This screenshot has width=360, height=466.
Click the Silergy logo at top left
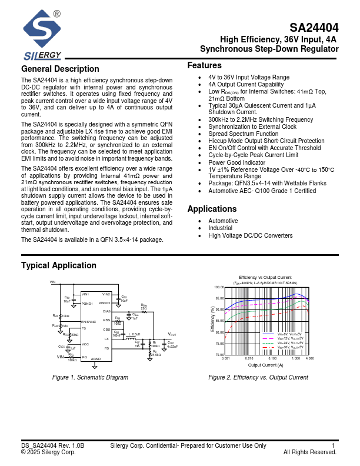click(42, 36)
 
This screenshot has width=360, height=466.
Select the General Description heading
click(60, 69)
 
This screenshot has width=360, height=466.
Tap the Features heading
click(204, 65)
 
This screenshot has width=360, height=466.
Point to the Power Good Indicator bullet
click(236, 162)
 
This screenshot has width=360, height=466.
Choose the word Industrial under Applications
click(220, 228)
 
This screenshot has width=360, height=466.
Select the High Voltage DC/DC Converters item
click(250, 235)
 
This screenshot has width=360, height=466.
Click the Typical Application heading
click(59, 265)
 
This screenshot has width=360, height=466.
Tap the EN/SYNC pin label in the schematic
click(88, 322)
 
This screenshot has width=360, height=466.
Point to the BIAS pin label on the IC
click(106, 311)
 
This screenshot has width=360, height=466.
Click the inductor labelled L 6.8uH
click(127, 337)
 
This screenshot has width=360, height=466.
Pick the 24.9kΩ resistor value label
click(156, 355)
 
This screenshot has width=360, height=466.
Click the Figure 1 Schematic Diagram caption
click(90, 377)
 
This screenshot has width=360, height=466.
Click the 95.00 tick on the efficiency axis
click(219, 298)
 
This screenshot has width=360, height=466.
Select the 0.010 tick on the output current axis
click(249, 358)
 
